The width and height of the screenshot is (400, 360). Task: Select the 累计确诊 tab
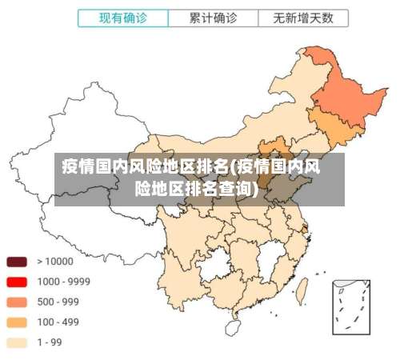[212, 17]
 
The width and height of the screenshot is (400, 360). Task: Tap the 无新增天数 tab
[303, 17]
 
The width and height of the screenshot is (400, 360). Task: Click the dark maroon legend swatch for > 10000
[18, 262]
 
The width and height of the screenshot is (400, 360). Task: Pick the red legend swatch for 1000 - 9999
[18, 282]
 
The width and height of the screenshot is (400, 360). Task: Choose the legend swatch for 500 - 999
[18, 302]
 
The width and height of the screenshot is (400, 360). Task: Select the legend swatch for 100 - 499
[18, 322]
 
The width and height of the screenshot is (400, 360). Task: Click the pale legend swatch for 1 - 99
[18, 342]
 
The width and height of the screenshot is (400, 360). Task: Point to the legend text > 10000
[53, 262]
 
